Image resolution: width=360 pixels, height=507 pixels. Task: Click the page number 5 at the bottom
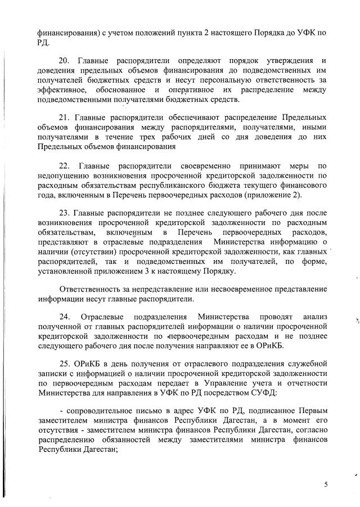(x=325, y=484)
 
